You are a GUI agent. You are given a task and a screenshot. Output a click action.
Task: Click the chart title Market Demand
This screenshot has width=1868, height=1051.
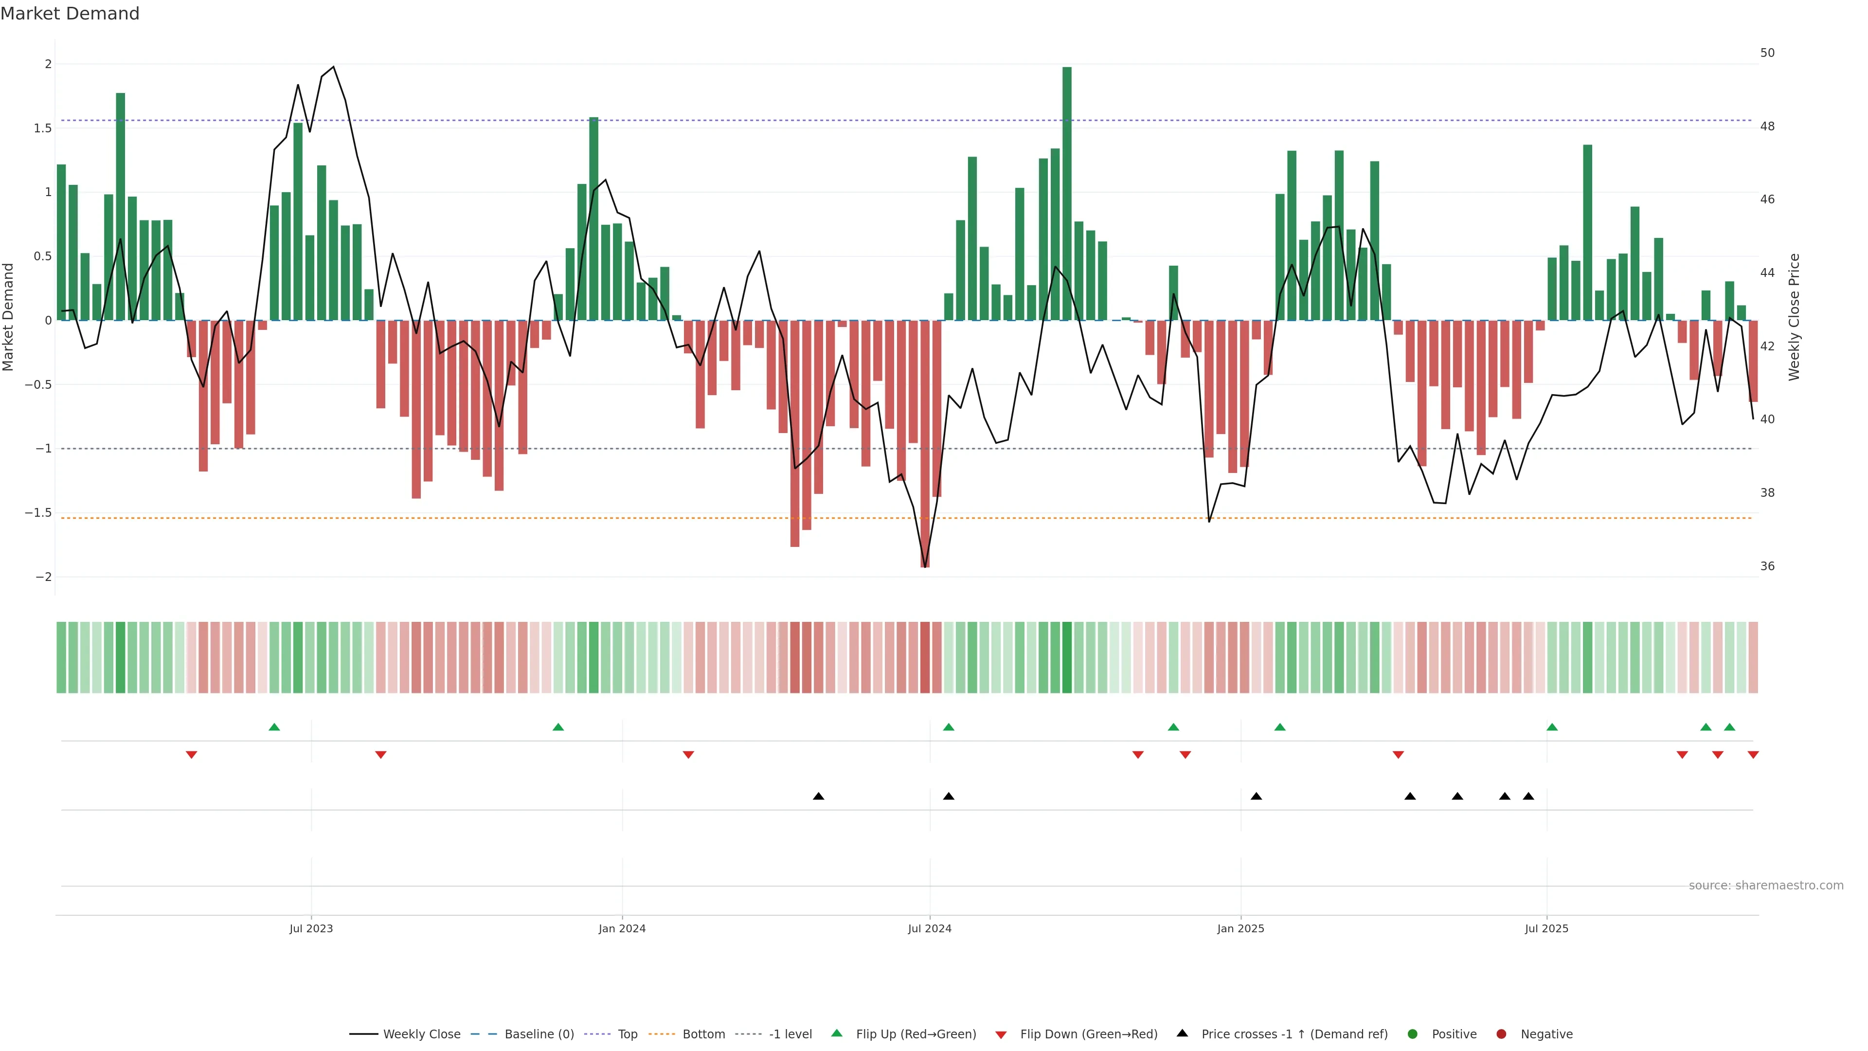click(70, 14)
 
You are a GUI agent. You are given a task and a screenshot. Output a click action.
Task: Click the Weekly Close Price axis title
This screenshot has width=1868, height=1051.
click(1794, 317)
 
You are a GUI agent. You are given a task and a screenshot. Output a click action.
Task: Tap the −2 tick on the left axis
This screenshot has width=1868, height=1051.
click(43, 578)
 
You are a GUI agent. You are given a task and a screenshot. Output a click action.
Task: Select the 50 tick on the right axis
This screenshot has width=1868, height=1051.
click(1767, 53)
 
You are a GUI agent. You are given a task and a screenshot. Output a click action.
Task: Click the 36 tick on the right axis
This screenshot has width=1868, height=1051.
click(1767, 566)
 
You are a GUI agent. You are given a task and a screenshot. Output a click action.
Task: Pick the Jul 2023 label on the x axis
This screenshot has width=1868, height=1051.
click(311, 928)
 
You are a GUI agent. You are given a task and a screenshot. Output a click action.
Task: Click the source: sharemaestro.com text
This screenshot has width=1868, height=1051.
click(1766, 886)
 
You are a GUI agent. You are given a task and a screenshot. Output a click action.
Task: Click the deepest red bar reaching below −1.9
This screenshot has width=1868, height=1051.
click(925, 442)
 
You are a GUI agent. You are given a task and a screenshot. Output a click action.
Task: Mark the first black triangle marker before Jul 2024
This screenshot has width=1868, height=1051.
click(819, 797)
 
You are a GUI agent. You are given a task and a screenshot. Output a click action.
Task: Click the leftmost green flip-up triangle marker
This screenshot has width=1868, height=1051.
click(274, 727)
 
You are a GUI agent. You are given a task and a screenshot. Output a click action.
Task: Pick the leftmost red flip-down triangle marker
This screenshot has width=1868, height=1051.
click(192, 755)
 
